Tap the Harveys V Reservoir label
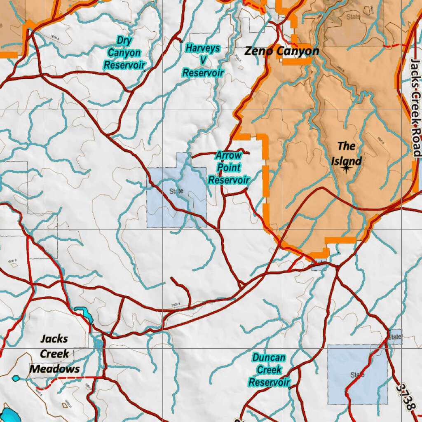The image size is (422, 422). point(203,61)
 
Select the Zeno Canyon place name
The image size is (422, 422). point(282,51)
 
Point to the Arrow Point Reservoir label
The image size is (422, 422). point(229,168)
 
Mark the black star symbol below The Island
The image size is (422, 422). point(346,167)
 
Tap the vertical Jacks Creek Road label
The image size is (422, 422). point(416,107)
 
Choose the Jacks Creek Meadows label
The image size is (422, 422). point(55,354)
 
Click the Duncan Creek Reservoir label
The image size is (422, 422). point(269,370)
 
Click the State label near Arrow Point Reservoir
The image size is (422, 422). point(176,191)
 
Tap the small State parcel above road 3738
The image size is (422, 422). point(394,337)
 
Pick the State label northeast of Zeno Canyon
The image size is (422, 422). point(353,17)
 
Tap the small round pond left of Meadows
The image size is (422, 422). point(16,378)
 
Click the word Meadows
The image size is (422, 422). point(55,368)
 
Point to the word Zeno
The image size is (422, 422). point(258,51)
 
